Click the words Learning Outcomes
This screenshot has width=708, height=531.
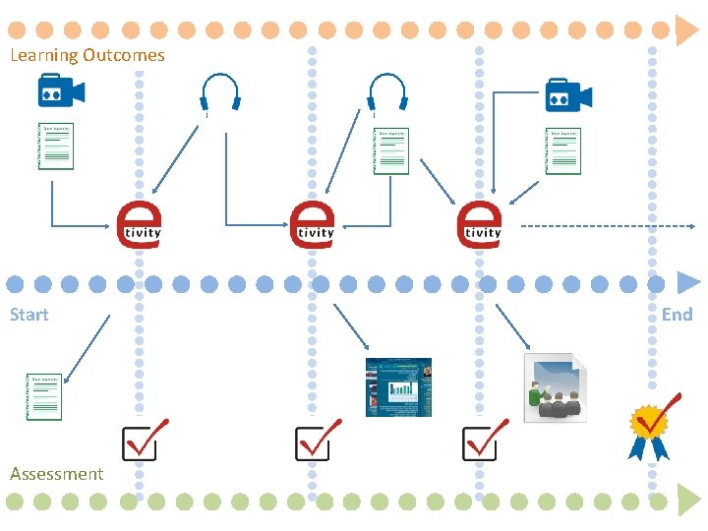(87, 55)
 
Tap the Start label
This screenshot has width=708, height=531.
(29, 315)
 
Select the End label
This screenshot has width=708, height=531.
(677, 315)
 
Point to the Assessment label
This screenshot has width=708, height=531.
(56, 474)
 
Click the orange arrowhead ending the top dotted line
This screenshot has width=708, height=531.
(685, 30)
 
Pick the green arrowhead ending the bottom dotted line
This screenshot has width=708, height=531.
(685, 501)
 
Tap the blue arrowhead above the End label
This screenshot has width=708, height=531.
(685, 283)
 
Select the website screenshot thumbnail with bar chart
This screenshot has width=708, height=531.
(398, 387)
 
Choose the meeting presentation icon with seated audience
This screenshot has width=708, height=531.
(555, 387)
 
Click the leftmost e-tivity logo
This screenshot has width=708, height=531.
(139, 226)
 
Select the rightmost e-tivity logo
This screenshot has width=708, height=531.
(480, 226)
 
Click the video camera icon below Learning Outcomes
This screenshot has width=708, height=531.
(61, 92)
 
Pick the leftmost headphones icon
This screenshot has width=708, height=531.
(220, 92)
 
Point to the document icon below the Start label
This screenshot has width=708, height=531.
(44, 396)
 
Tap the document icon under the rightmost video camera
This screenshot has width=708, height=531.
(563, 150)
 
